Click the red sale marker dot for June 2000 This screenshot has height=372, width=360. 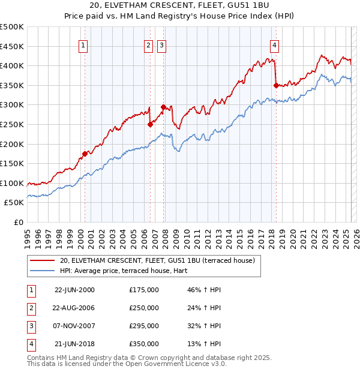pyautogui.click(x=85, y=154)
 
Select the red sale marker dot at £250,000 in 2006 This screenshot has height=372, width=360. pyautogui.click(x=150, y=125)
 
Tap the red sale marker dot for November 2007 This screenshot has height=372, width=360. pyautogui.click(x=163, y=107)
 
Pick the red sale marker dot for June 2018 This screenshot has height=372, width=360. pyautogui.click(x=276, y=85)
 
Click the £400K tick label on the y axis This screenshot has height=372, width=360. pyautogui.click(x=12, y=66)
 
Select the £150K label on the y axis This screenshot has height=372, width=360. pyautogui.click(x=12, y=163)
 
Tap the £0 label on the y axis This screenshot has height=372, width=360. pyautogui.click(x=19, y=222)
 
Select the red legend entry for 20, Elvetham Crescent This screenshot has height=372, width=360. pyautogui.click(x=158, y=260)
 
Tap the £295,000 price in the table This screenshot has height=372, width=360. pyautogui.click(x=144, y=327)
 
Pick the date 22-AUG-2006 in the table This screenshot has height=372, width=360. pyautogui.click(x=75, y=308)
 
